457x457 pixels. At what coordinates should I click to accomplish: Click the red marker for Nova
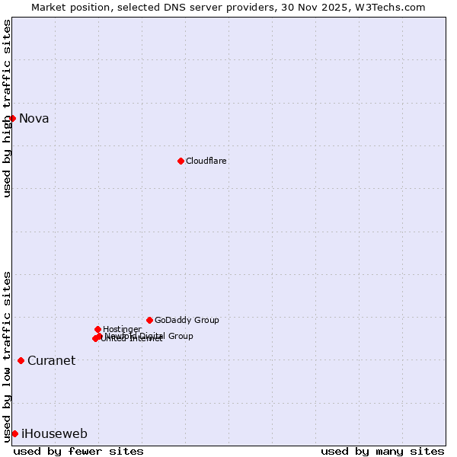click(12, 118)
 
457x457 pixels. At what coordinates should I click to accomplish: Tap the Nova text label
click(34, 118)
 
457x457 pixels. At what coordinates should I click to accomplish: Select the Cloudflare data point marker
click(181, 161)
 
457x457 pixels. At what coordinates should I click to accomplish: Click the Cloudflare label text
click(206, 161)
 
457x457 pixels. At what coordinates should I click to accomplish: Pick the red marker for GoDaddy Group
click(149, 320)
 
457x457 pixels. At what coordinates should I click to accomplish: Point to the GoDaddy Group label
click(187, 320)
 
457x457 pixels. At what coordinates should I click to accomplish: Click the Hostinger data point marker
click(97, 329)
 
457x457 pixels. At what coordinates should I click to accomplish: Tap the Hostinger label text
click(122, 329)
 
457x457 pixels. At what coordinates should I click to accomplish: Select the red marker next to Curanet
click(21, 360)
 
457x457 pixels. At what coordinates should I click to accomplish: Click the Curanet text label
click(52, 361)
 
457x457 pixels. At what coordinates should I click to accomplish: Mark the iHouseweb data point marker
click(14, 433)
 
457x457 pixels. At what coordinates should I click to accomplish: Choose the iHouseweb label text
click(55, 434)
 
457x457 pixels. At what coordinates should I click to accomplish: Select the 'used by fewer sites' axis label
click(78, 451)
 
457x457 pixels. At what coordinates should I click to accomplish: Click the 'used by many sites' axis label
click(382, 451)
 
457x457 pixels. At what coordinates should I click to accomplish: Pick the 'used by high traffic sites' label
click(7, 108)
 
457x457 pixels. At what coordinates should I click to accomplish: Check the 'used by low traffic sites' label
click(7, 356)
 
